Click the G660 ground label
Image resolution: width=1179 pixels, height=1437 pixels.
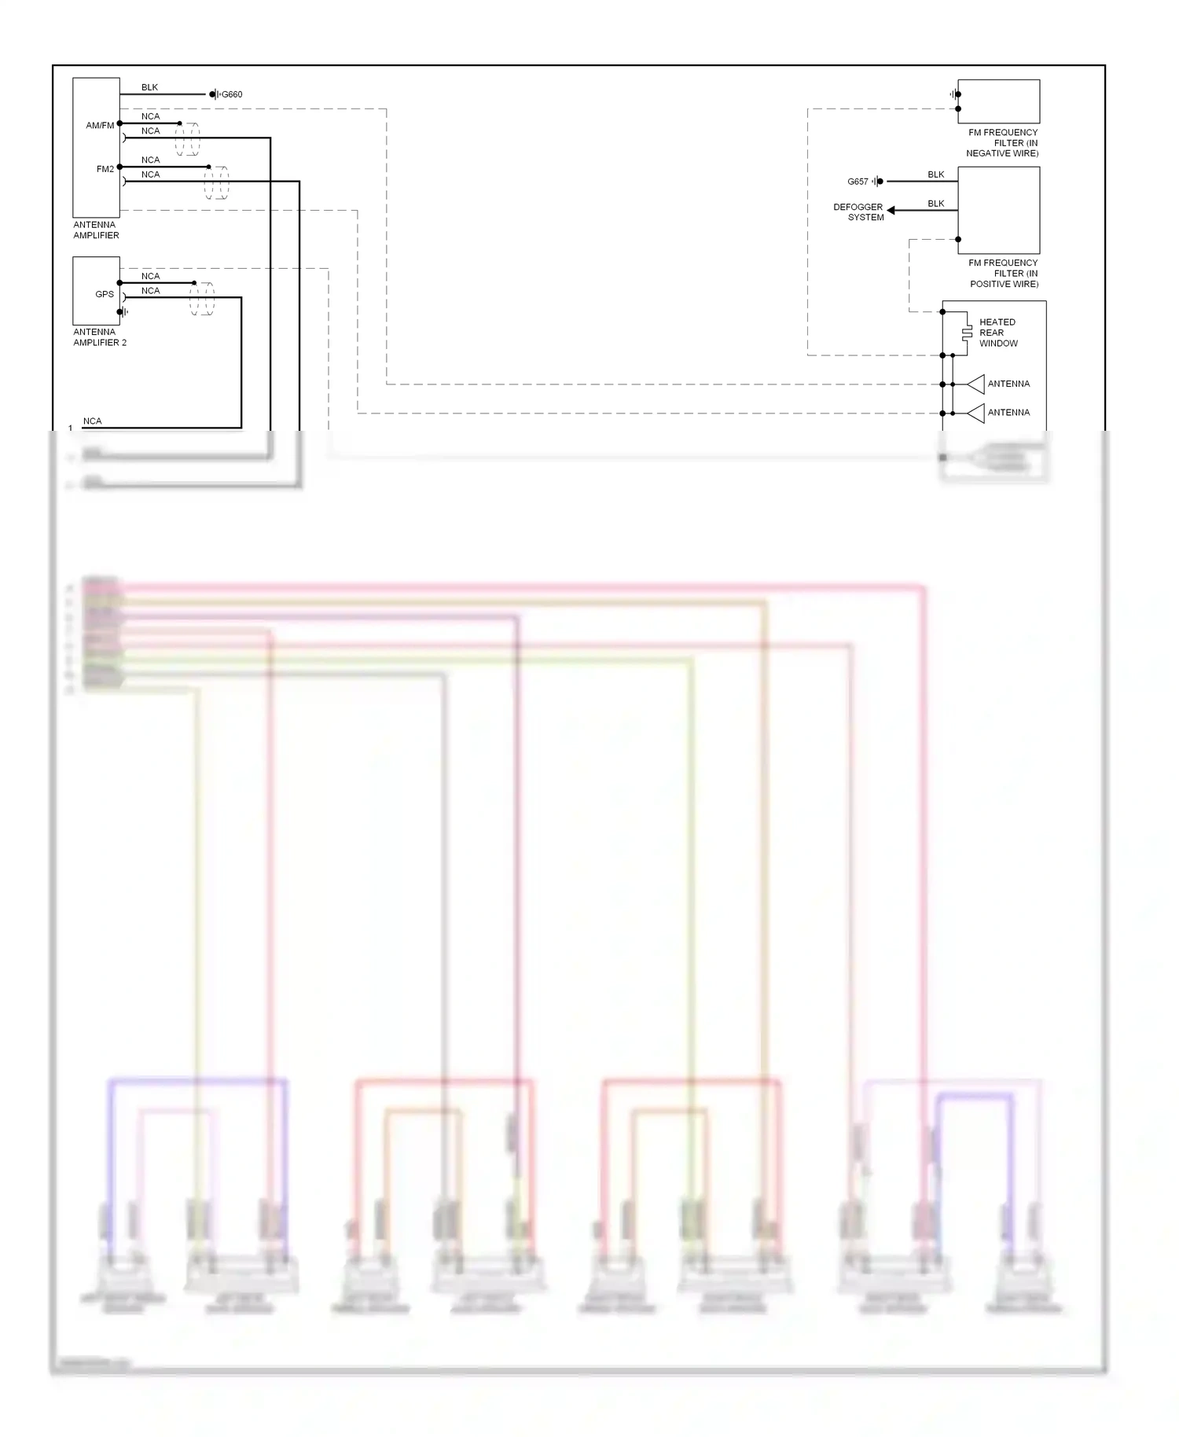(x=231, y=94)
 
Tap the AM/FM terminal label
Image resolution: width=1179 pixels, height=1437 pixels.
(x=100, y=125)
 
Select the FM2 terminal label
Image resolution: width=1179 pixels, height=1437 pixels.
(x=105, y=169)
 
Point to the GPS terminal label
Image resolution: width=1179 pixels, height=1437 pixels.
(x=105, y=294)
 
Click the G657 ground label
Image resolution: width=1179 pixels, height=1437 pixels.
(x=858, y=182)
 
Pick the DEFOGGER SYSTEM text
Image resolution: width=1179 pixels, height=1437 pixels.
(x=858, y=212)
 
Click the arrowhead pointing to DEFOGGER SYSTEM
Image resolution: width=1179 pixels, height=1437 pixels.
(x=891, y=210)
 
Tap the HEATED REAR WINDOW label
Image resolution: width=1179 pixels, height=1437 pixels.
(x=998, y=333)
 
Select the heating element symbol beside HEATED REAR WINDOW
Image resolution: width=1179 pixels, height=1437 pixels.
(x=967, y=333)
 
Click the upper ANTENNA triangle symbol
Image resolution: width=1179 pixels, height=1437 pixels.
(x=976, y=384)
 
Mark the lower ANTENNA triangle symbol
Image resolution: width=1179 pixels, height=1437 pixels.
(x=976, y=413)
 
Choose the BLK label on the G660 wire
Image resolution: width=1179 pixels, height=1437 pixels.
(x=149, y=87)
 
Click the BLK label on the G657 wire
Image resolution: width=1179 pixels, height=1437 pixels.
(x=935, y=175)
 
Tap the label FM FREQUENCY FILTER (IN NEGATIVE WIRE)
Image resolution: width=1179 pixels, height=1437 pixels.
(x=1002, y=143)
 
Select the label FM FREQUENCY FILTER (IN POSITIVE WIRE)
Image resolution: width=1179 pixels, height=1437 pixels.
(x=1004, y=274)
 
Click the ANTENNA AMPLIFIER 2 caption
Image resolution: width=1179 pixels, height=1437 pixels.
(x=100, y=337)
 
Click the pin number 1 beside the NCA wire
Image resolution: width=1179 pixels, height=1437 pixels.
(x=71, y=428)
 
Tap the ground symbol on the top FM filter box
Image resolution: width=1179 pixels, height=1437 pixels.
(x=953, y=94)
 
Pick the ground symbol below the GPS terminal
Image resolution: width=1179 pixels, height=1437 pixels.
(x=123, y=312)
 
